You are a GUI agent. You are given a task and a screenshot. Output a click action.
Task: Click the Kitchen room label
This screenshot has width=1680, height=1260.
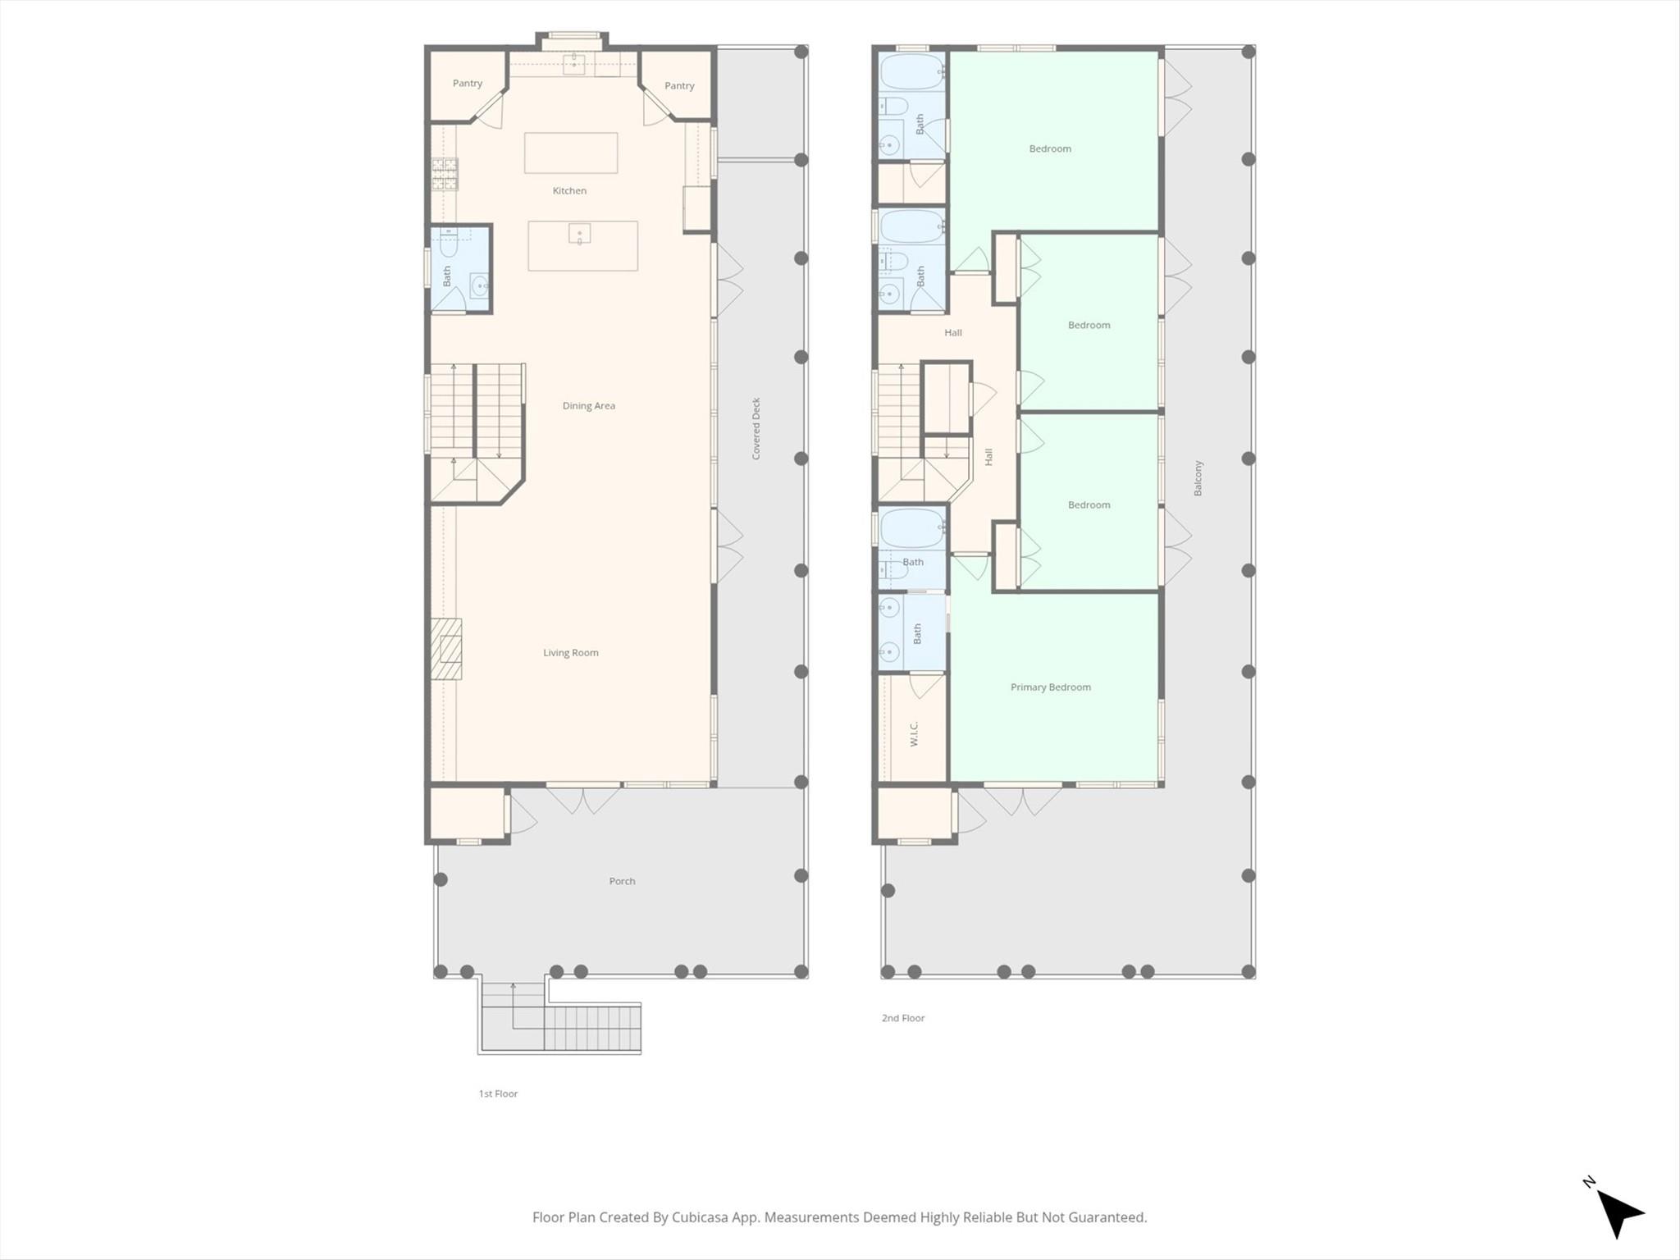[x=569, y=190]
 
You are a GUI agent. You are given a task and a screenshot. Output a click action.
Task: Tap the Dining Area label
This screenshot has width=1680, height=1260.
[x=588, y=405]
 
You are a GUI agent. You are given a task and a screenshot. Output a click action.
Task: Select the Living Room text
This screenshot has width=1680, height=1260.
[x=570, y=653]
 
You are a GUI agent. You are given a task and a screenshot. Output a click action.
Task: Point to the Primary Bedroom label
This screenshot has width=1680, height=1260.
[x=1050, y=687]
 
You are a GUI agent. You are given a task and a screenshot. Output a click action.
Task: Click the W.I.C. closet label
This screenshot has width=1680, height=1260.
[x=914, y=734]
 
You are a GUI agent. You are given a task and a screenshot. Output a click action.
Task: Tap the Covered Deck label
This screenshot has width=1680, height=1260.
[x=756, y=428]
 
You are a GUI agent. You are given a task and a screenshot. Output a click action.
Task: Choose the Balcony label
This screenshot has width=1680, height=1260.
[x=1197, y=478]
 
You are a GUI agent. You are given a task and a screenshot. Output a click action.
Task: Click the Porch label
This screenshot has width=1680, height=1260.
[x=622, y=881]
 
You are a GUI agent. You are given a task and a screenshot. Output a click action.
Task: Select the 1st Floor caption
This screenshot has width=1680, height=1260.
[x=498, y=1093]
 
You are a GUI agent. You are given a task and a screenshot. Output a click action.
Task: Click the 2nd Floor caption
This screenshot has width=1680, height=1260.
[x=902, y=1018]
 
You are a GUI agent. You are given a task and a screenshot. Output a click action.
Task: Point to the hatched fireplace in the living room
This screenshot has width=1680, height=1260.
[x=446, y=649]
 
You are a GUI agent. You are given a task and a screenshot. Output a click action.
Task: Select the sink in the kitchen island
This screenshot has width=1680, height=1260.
[x=579, y=234]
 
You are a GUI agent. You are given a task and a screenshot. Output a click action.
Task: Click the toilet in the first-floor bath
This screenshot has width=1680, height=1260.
[x=449, y=243]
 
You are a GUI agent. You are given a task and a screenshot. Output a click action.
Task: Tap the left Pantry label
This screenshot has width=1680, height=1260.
[x=468, y=84]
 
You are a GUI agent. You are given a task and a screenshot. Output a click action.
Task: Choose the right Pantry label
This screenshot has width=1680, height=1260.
[x=679, y=86]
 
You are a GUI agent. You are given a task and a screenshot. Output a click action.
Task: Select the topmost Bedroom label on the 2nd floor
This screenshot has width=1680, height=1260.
[x=1050, y=148]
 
